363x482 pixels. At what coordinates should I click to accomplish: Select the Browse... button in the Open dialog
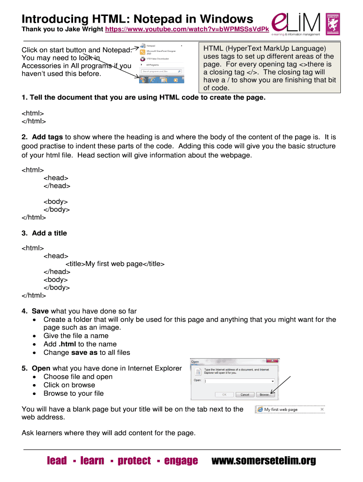point(265,394)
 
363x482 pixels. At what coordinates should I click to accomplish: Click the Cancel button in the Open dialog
point(244,394)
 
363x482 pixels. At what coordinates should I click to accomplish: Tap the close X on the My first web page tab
point(322,410)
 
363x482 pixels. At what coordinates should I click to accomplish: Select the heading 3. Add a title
point(44,233)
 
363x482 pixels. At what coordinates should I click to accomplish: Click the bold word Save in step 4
point(40,311)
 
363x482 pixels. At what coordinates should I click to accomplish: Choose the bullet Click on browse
point(69,385)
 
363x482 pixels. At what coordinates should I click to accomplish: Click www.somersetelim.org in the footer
point(264,461)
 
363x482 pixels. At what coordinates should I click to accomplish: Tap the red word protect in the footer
point(134,461)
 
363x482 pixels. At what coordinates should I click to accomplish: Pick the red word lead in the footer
point(57,461)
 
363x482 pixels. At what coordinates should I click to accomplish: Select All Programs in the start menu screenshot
point(152,65)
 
